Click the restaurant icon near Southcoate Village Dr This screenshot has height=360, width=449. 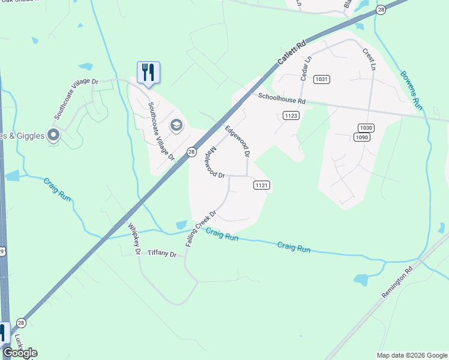tap(148, 73)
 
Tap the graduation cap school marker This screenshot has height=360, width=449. tap(176, 125)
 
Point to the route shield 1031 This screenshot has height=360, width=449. tap(322, 79)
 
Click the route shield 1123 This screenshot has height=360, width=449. tap(291, 116)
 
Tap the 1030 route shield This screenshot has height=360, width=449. tap(366, 128)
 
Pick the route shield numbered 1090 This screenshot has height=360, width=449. tap(361, 137)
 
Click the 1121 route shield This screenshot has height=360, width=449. tap(261, 185)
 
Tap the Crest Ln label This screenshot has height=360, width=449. tap(369, 59)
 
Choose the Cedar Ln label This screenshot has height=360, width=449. tap(305, 69)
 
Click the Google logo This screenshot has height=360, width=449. tap(20, 353)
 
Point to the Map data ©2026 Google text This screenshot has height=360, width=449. tap(411, 355)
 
